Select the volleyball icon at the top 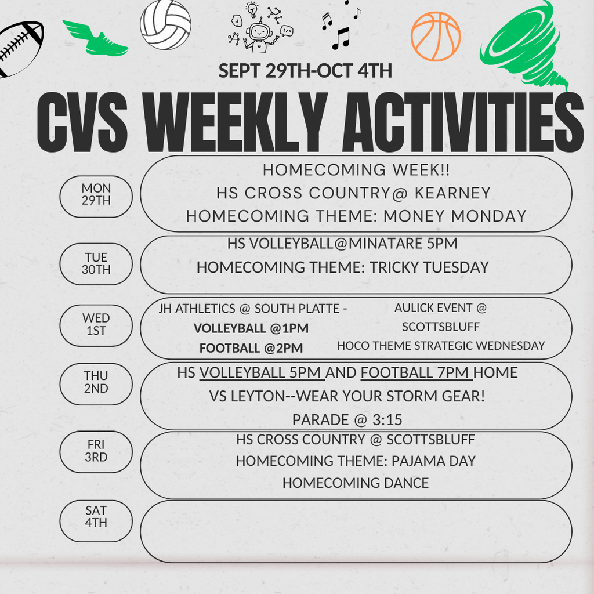pos(165,26)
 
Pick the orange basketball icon pos(436,37)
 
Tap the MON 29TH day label pos(96,194)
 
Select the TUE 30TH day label pos(96,263)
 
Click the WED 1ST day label pos(96,325)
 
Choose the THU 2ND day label pos(96,383)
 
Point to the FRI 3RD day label pos(96,451)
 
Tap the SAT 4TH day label pos(96,517)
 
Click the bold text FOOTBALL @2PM pos(251,348)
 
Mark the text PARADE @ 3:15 pos(347,419)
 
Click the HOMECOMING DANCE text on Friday pos(355,483)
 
